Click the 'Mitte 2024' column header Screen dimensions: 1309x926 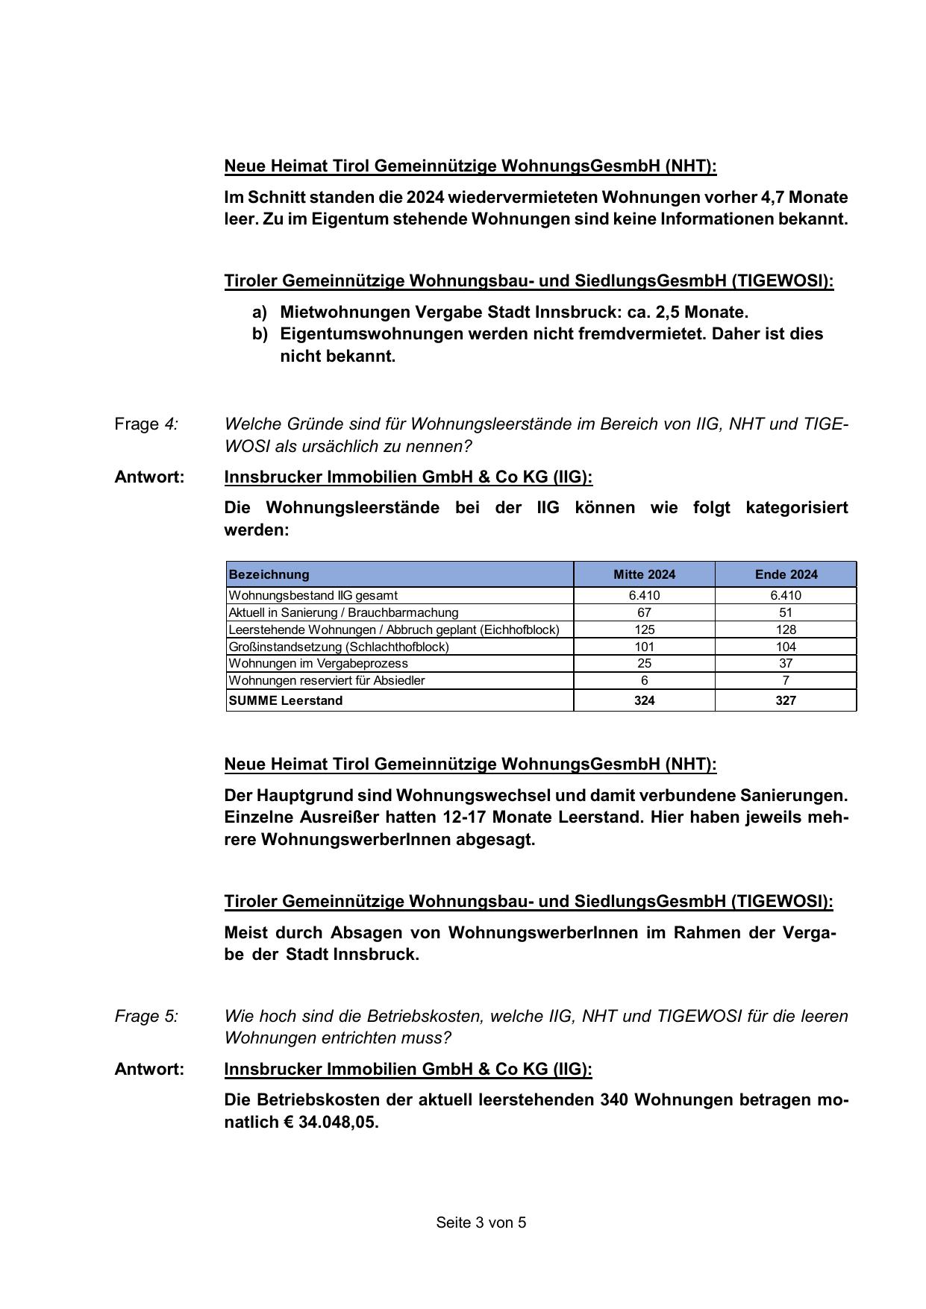click(x=644, y=574)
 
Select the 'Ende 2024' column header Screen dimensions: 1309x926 click(x=786, y=574)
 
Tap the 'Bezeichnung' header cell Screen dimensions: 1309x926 click(x=269, y=574)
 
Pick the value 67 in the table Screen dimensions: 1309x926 click(x=644, y=612)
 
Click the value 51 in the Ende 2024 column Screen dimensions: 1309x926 click(x=786, y=612)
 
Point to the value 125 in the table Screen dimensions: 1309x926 click(x=644, y=630)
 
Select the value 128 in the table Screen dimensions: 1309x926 click(x=786, y=630)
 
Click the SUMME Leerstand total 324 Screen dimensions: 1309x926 click(x=644, y=700)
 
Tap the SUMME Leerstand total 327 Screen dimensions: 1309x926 click(x=786, y=700)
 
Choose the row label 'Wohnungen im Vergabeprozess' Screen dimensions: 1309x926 click(x=318, y=663)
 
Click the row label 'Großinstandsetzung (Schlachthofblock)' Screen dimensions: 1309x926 click(x=339, y=647)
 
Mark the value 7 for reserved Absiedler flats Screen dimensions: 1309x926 click(x=786, y=680)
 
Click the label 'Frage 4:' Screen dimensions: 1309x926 click(x=146, y=424)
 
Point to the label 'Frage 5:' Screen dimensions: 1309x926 click(x=146, y=1016)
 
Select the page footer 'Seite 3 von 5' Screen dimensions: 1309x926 click(x=481, y=1222)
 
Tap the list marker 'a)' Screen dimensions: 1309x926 click(x=260, y=312)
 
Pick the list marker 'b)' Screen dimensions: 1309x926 click(x=260, y=333)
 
